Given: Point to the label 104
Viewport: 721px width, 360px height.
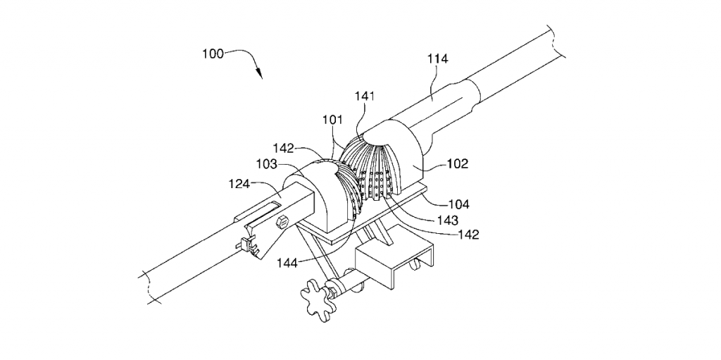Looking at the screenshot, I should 458,204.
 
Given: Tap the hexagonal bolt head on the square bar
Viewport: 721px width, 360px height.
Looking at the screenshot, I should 283,222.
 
